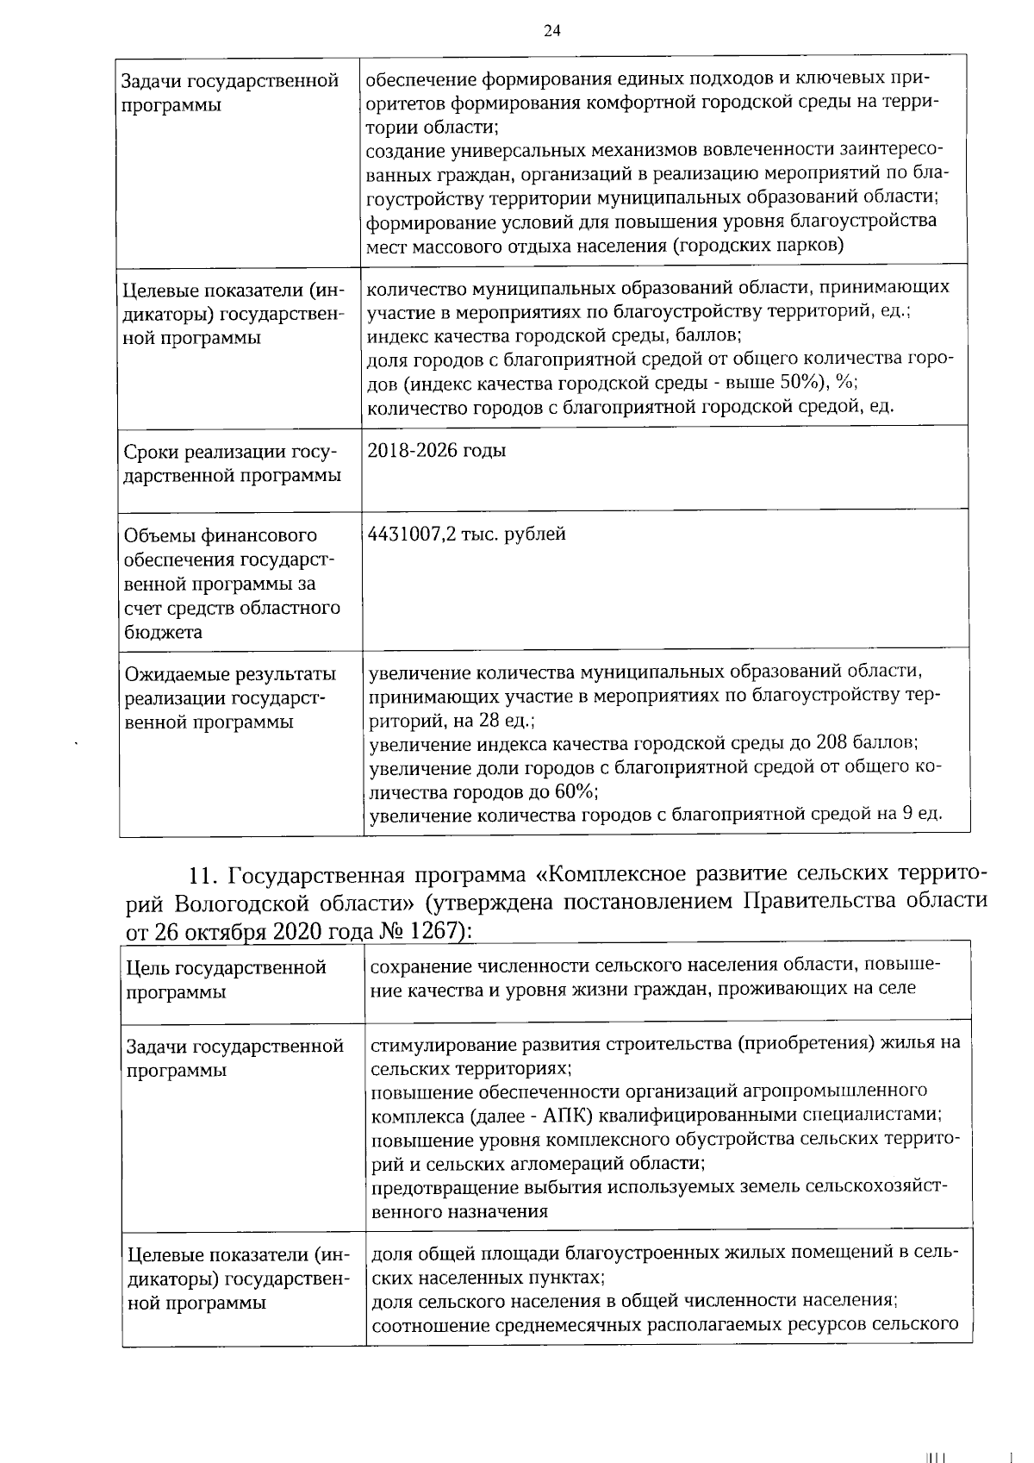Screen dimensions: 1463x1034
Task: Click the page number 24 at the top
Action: (x=552, y=30)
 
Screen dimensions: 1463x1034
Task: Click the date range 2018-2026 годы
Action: (x=436, y=450)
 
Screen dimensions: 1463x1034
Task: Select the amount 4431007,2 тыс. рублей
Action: (x=466, y=534)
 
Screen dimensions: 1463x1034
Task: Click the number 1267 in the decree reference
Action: (x=436, y=931)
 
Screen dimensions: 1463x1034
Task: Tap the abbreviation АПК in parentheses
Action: (x=565, y=1116)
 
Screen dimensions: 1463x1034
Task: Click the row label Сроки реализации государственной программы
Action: (x=231, y=463)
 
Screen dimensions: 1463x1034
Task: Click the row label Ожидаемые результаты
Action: (x=230, y=673)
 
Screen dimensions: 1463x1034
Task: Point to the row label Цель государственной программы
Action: (x=226, y=979)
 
